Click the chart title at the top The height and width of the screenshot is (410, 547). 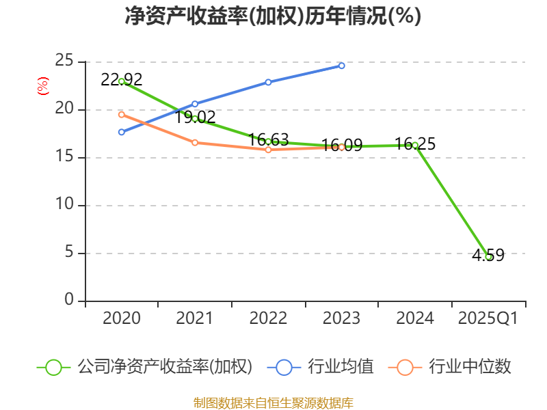pos(273,16)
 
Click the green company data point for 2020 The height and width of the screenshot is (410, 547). pos(122,81)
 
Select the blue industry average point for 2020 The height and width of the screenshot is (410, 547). pos(122,132)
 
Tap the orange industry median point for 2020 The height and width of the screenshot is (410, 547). pos(122,114)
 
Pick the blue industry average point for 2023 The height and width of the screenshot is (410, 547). pos(342,66)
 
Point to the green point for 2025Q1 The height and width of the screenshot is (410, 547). pos(488,256)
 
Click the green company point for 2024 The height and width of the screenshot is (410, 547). pos(415,145)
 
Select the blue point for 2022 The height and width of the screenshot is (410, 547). pos(268,82)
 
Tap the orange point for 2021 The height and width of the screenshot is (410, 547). pos(195,142)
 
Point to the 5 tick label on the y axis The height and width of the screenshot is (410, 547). pos(69,253)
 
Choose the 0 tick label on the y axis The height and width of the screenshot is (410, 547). pos(69,301)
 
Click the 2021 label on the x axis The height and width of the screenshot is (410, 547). pos(195,318)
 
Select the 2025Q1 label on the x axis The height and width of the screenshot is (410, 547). pos(488,318)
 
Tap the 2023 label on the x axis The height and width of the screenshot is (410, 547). pos(342,318)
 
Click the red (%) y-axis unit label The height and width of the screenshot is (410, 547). pos(43,87)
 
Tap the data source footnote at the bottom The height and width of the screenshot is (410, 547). pos(273,402)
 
